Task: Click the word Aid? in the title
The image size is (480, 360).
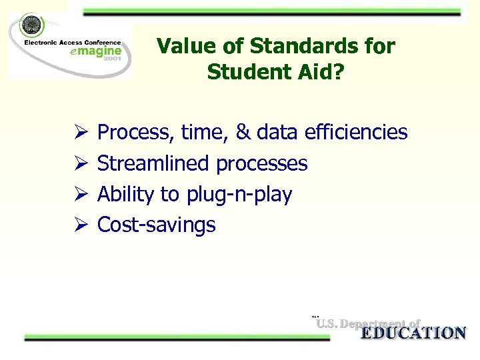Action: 323,71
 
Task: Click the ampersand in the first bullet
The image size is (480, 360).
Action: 243,133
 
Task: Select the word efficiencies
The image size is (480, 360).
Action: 355,133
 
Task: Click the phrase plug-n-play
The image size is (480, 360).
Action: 239,195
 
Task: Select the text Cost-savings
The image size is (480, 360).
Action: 157,225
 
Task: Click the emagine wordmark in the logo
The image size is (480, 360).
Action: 97,51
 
